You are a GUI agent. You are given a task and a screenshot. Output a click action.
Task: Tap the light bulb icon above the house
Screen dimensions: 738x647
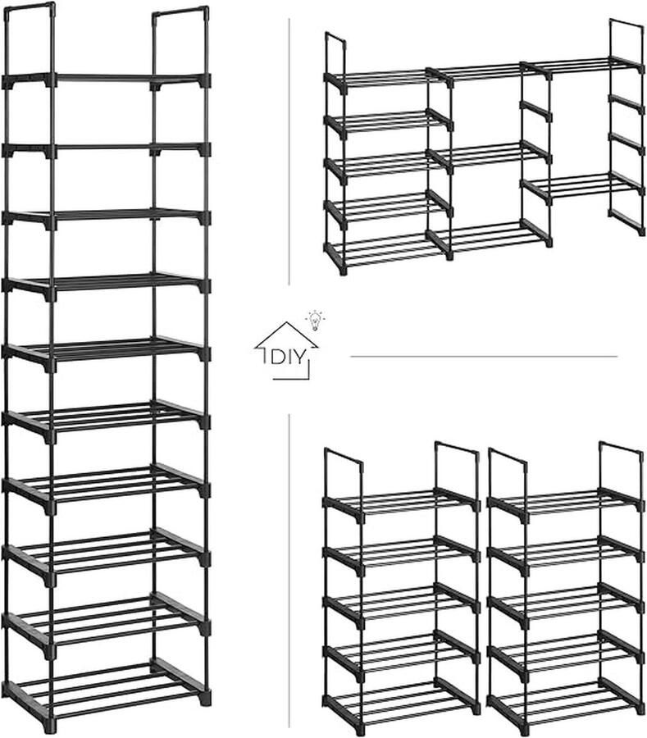(x=315, y=317)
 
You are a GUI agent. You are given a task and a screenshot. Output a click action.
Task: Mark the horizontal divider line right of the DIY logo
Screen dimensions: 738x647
(x=483, y=357)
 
